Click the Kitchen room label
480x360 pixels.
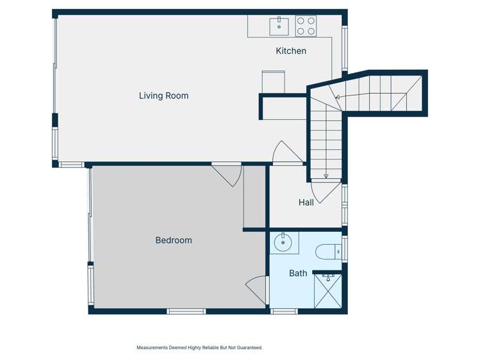(x=291, y=51)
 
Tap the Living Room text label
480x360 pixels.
(x=163, y=95)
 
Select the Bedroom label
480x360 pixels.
(x=174, y=240)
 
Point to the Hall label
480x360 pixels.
(x=306, y=202)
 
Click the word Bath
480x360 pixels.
(x=298, y=273)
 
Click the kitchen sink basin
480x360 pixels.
(x=280, y=26)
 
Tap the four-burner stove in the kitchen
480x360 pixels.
(x=306, y=26)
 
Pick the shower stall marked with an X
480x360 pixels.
(x=328, y=292)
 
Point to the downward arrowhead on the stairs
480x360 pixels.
(x=326, y=176)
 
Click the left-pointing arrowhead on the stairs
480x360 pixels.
(x=337, y=97)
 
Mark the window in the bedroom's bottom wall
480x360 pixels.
(x=186, y=311)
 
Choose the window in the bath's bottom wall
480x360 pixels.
(x=284, y=311)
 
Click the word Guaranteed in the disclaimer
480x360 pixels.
(x=249, y=348)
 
